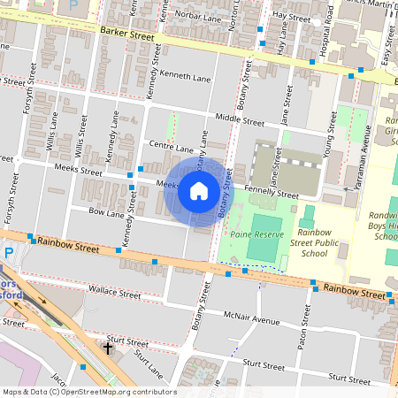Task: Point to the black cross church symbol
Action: tap(108, 348)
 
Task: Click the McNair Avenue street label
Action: tap(251, 318)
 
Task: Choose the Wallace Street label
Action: tap(115, 292)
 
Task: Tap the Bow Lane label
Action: tap(107, 213)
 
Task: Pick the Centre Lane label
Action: tap(171, 148)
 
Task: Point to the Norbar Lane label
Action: tap(198, 15)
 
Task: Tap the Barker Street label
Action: tap(126, 32)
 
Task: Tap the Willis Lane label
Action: tap(52, 129)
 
